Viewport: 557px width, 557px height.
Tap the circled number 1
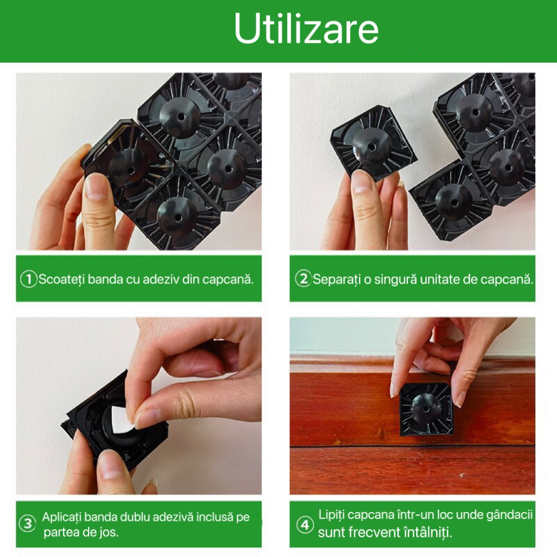point(28,279)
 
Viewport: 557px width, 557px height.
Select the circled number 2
point(303,279)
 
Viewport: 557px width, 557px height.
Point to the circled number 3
point(28,524)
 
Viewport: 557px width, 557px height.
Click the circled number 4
point(305,524)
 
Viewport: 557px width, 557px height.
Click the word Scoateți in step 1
point(61,280)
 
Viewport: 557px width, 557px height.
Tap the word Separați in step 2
point(336,280)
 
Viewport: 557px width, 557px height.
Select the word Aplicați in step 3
point(62,517)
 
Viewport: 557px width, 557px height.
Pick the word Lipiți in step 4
point(331,515)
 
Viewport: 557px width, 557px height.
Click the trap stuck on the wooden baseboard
point(426,410)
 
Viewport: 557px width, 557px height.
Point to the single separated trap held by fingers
point(373,144)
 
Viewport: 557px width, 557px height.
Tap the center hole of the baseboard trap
point(426,410)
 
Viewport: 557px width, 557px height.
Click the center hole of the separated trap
point(372,146)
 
